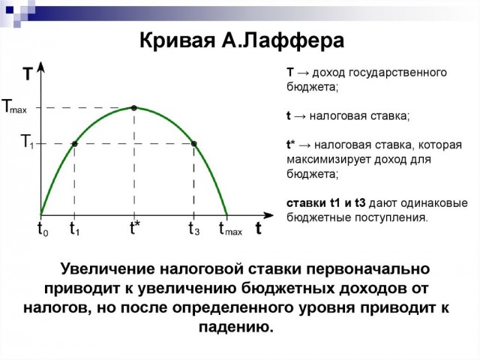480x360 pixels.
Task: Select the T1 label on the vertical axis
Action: (x=27, y=142)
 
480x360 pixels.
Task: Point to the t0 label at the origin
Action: (x=43, y=229)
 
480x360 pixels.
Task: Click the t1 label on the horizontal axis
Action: (x=75, y=229)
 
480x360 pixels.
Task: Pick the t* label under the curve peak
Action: (x=134, y=229)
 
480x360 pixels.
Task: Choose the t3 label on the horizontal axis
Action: (x=193, y=229)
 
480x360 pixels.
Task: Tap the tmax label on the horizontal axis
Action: (x=229, y=229)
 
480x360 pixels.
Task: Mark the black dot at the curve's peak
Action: (x=134, y=108)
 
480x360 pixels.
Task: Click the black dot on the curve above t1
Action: (x=75, y=143)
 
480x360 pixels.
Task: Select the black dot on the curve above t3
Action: (x=193, y=143)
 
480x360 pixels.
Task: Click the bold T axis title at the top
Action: (x=28, y=75)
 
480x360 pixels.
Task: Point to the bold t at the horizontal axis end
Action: (x=258, y=229)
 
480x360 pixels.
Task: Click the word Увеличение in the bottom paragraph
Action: (x=106, y=268)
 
